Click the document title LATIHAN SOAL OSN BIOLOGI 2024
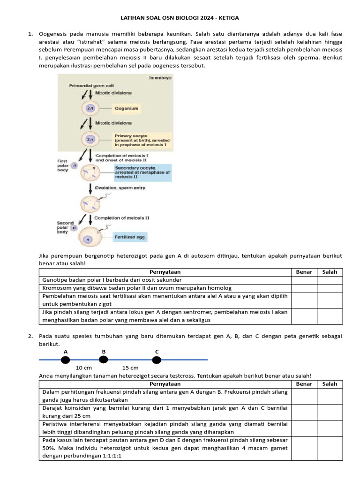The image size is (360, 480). (180, 18)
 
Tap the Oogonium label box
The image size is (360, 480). (126, 108)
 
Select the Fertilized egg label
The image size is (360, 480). (130, 237)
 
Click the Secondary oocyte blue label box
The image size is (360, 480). (142, 172)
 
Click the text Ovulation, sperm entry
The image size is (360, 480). (120, 188)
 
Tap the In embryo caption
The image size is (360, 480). (160, 78)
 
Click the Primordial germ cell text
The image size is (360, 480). (91, 86)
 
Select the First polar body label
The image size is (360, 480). (63, 165)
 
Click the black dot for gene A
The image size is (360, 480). (65, 360)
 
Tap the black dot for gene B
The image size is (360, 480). (104, 360)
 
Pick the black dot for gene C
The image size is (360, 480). (157, 360)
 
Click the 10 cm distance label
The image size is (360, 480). (84, 368)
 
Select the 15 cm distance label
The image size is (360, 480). (130, 368)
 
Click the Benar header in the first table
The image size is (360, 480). (304, 272)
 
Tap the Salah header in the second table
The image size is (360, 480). (330, 384)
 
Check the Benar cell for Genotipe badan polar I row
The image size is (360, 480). (304, 280)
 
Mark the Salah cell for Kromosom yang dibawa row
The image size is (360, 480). (330, 288)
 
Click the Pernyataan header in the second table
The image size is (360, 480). (165, 384)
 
